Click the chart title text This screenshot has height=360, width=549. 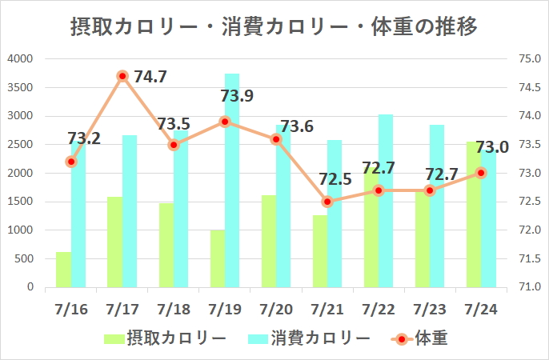[274, 28]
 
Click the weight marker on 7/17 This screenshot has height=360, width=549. [122, 76]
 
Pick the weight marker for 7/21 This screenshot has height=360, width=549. [327, 202]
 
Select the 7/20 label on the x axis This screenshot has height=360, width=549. [276, 309]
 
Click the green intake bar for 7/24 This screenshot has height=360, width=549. [474, 216]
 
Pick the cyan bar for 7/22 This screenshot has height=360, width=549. [386, 200]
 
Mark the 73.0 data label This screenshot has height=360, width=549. [492, 147]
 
